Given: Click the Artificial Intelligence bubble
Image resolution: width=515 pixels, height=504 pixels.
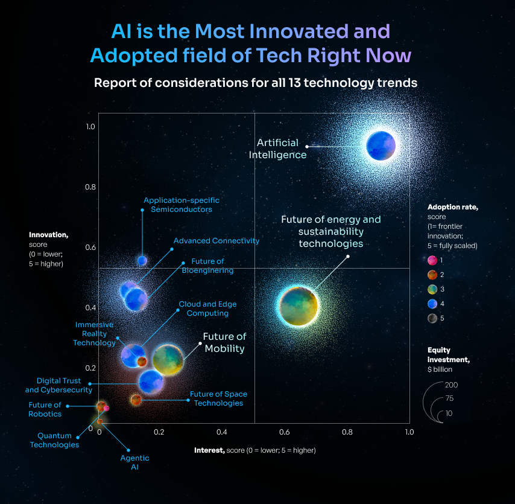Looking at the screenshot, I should tap(381, 145).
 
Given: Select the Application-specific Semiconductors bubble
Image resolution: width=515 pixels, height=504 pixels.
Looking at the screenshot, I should tap(142, 260).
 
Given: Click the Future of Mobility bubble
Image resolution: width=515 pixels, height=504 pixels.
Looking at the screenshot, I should tap(168, 359).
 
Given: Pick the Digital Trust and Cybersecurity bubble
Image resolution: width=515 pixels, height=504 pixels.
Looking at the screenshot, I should tap(150, 381).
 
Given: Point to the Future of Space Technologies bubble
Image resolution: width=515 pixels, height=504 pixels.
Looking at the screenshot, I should tap(136, 400).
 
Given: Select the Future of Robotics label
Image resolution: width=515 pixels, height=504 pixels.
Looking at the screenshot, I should tap(45, 409).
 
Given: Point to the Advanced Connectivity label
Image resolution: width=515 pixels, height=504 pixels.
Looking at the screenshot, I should tap(216, 241).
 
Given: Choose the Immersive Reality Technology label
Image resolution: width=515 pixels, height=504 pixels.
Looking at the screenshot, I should tap(94, 334).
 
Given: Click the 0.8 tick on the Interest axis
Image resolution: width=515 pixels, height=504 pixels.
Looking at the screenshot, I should tap(347, 432).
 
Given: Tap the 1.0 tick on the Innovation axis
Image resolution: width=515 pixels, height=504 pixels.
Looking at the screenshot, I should tap(90, 127).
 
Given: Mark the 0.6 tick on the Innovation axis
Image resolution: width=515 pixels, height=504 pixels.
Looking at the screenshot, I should tap(90, 247).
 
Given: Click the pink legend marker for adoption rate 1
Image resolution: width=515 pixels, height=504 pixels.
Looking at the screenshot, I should tap(432, 260).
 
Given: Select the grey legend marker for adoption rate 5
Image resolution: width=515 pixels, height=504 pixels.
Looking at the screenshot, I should tap(432, 317).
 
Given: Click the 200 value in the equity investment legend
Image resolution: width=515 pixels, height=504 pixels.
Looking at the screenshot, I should tap(451, 384).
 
